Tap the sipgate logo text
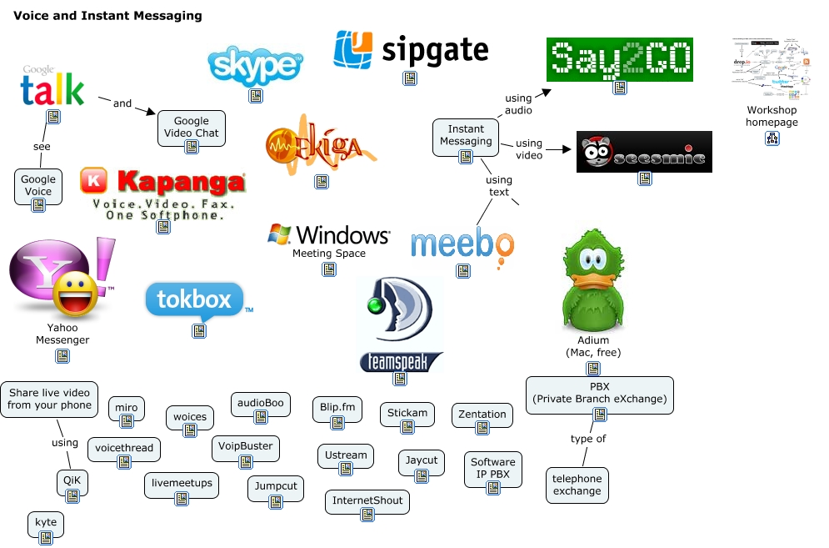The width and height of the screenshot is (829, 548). (x=434, y=50)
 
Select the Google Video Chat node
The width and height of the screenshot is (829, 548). (x=191, y=127)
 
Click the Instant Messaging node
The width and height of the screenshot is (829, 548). (x=466, y=135)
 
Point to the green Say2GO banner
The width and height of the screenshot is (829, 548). (x=619, y=58)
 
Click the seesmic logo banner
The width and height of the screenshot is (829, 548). (x=644, y=152)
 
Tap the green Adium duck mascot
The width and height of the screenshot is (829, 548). (x=593, y=282)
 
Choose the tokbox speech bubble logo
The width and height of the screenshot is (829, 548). (x=195, y=301)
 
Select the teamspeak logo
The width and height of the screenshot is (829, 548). (x=400, y=325)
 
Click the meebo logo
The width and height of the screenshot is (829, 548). (x=462, y=244)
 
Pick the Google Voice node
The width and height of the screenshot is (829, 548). (x=38, y=185)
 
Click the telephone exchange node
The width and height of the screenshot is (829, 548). (x=577, y=485)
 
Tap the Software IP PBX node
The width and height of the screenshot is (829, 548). (x=492, y=468)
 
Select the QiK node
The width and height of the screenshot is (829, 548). (x=72, y=480)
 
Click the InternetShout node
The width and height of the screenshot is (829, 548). (x=367, y=500)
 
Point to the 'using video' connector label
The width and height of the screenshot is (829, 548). (x=528, y=149)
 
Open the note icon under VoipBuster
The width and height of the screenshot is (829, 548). (x=245, y=464)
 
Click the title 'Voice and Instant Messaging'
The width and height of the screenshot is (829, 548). (x=107, y=16)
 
